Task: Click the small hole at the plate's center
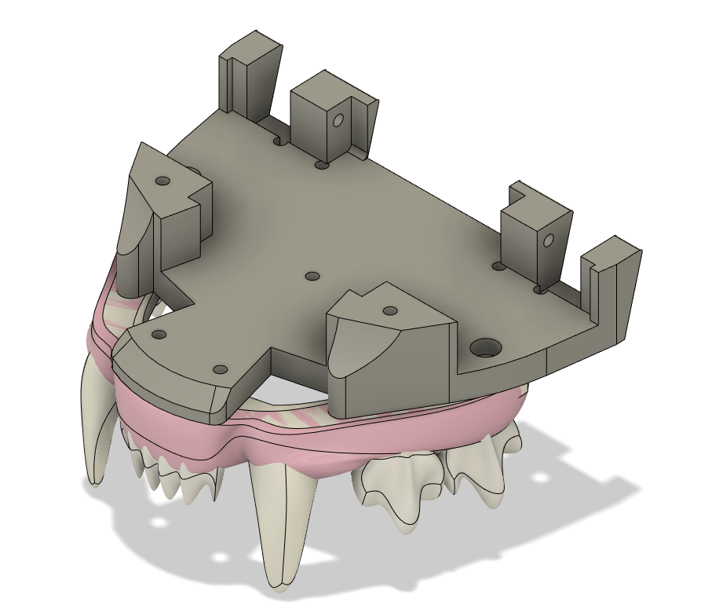tap(312, 277)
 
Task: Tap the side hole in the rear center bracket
tap(339, 121)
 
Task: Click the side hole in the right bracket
tap(549, 240)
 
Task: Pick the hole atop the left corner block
tap(162, 181)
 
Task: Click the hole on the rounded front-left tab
tap(159, 335)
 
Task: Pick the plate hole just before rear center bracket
tap(321, 165)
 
